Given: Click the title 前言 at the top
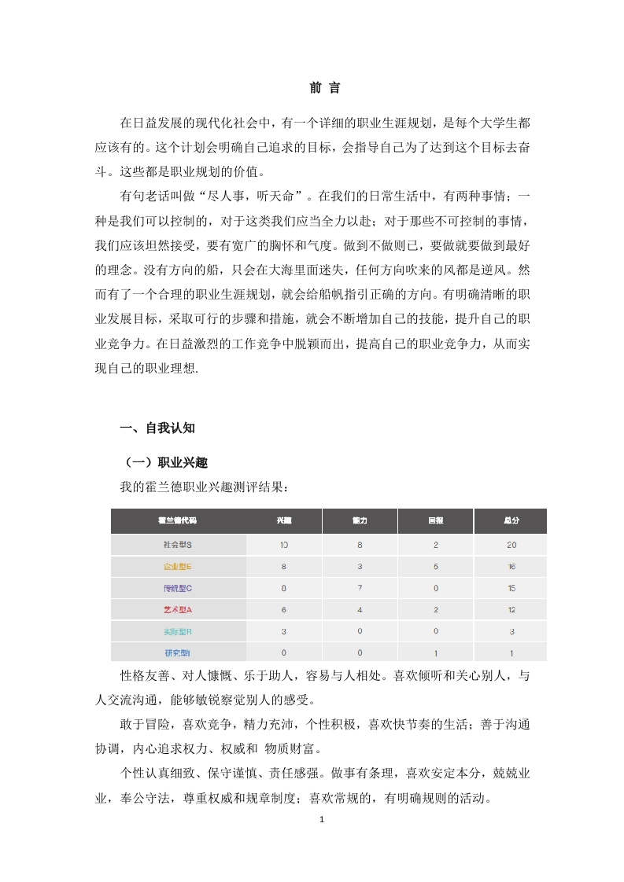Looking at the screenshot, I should tap(324, 88).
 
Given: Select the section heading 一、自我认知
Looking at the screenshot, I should tap(157, 428).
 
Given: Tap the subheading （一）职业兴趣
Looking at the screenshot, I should tap(163, 462).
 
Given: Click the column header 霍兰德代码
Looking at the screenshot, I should tap(178, 521).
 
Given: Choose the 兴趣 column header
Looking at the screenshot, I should tap(283, 521).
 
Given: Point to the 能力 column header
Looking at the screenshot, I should tap(360, 521).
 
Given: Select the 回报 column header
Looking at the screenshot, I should tap(435, 521).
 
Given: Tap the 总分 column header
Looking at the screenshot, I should tap(511, 521).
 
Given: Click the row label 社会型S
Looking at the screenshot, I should tap(178, 545).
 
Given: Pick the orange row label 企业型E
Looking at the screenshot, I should tap(178, 566).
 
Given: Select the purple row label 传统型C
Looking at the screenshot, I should tap(178, 587).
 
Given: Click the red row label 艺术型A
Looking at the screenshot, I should tap(178, 609).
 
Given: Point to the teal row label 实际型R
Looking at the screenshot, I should tap(178, 630).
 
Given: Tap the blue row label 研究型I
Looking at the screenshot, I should tap(178, 652).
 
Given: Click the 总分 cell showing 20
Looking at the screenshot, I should tap(511, 545).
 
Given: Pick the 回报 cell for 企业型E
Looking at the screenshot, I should tap(435, 566).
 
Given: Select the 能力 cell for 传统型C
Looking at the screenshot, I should tap(360, 587).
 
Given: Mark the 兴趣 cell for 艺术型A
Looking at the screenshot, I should tap(283, 609).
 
